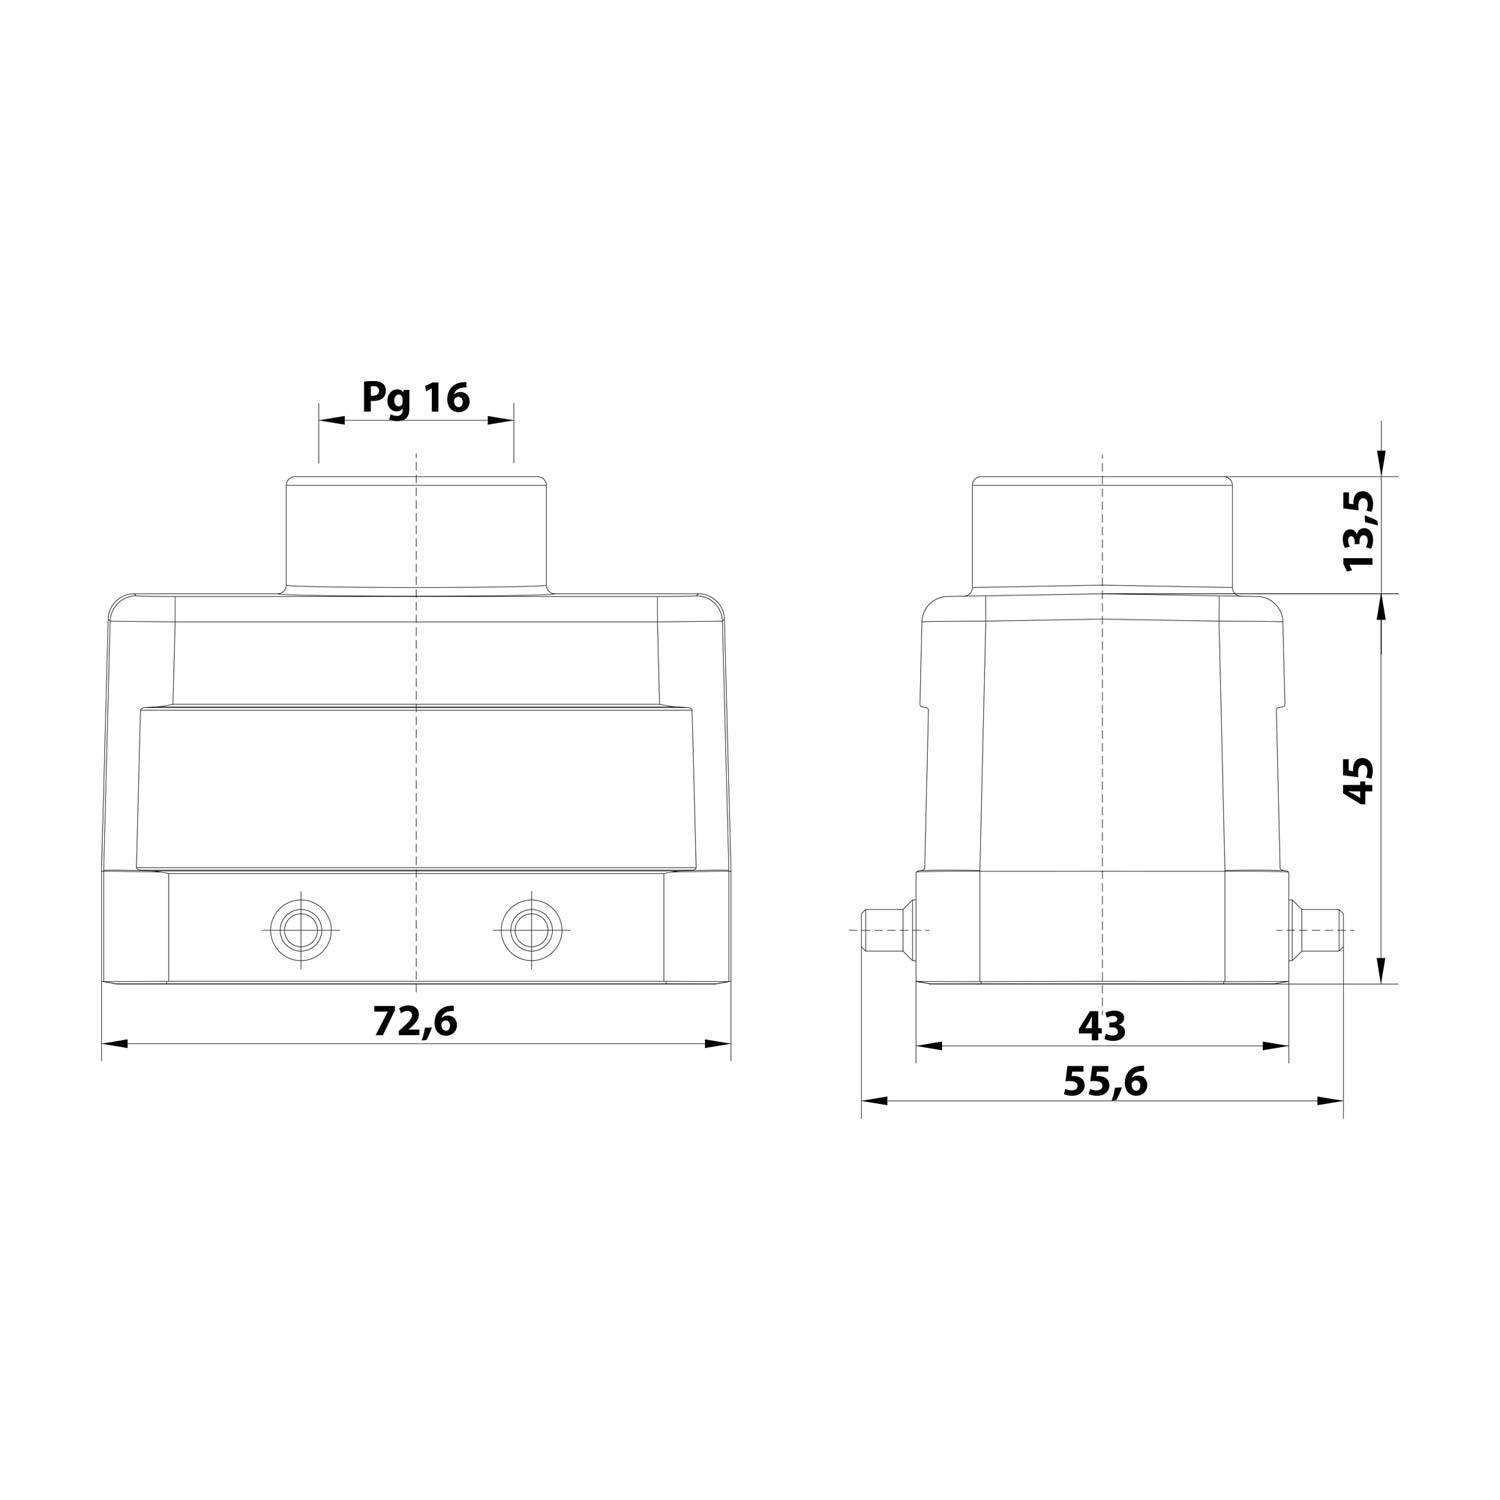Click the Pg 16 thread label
(x=415, y=398)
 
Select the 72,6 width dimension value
(x=415, y=1021)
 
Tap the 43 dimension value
(x=1102, y=1025)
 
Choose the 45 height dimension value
(x=1360, y=780)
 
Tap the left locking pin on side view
(x=886, y=930)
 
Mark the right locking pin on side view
(x=1318, y=930)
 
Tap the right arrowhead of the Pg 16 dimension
(x=502, y=422)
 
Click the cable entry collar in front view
(x=416, y=535)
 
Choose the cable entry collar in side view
(x=1102, y=535)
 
